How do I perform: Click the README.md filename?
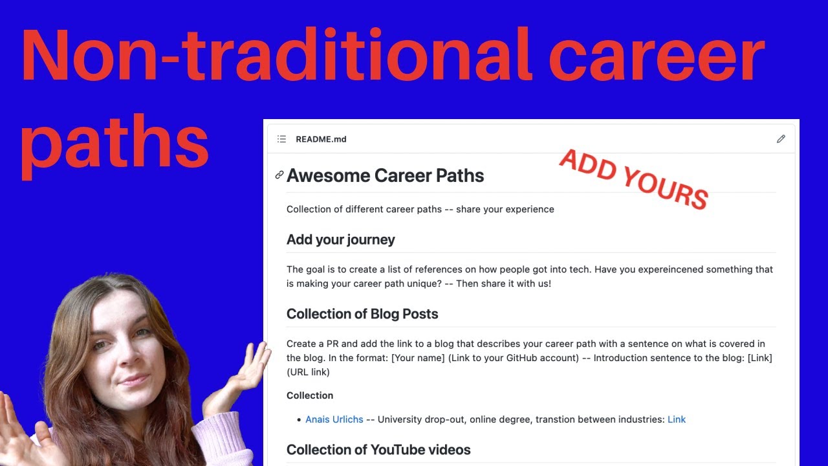321,139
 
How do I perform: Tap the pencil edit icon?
781,139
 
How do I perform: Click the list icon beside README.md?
281,139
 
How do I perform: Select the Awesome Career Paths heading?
385,175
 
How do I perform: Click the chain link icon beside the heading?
279,175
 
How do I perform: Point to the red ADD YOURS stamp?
633,179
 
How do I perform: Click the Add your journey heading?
340,239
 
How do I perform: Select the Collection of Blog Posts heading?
362,314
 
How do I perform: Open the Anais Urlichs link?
334,419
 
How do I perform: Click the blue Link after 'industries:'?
676,419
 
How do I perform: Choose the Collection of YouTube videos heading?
378,450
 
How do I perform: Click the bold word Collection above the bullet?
310,395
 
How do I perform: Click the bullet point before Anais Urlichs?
298,420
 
